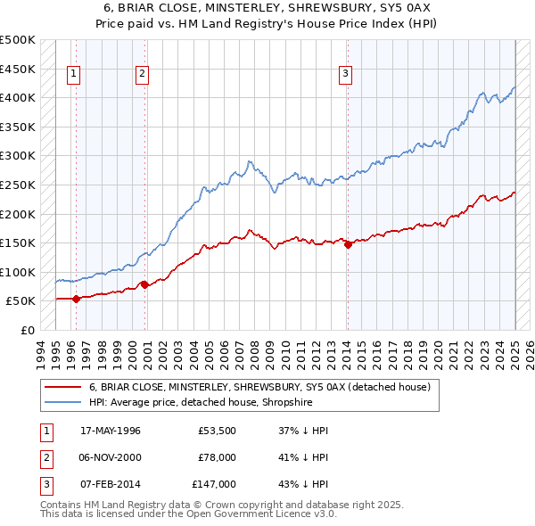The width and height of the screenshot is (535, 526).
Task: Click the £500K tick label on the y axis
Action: (18, 40)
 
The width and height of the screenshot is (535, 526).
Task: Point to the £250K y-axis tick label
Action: (18, 185)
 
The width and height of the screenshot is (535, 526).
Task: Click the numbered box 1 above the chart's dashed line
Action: (73, 75)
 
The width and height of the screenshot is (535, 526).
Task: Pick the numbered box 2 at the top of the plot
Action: (142, 75)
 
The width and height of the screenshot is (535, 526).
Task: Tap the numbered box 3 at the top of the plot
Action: (345, 75)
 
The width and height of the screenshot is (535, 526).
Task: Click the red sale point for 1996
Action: (76, 299)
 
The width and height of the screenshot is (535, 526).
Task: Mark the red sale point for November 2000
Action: (144, 284)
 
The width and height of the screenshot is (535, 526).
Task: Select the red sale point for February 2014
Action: (348, 244)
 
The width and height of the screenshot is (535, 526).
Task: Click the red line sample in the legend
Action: (62, 387)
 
